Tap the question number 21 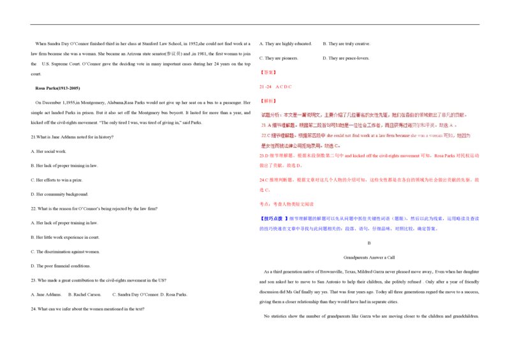pyautogui.click(x=264, y=126)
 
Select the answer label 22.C pyautogui.click(x=265, y=136)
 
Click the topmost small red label pyautogui.click(x=269, y=72)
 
